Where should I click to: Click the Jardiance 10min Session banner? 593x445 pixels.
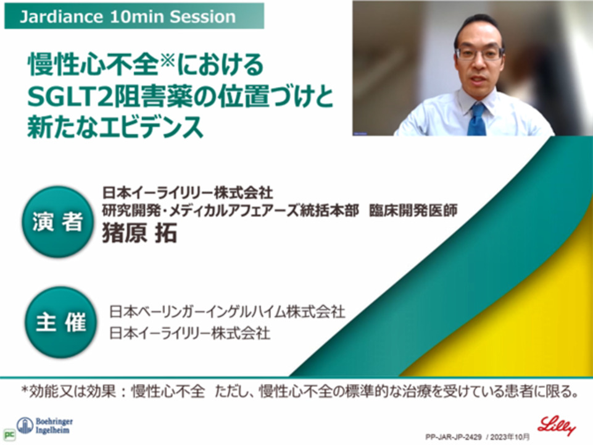[134, 16]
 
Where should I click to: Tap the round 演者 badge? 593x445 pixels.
[57, 222]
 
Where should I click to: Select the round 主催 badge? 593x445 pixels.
[60, 323]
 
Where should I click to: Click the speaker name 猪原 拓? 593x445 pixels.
[139, 232]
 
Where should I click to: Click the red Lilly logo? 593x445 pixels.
[557, 426]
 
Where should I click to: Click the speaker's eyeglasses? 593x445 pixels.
[479, 53]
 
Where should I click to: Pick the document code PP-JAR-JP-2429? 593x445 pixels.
[454, 437]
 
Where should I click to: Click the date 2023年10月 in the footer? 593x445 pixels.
[510, 437]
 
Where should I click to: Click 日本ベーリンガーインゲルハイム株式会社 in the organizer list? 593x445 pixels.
[227, 311]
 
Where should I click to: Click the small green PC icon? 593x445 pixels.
[9, 434]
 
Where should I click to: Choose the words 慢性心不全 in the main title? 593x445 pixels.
[93, 64]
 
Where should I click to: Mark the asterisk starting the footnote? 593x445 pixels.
[25, 390]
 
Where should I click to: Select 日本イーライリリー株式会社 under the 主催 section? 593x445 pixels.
[189, 333]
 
